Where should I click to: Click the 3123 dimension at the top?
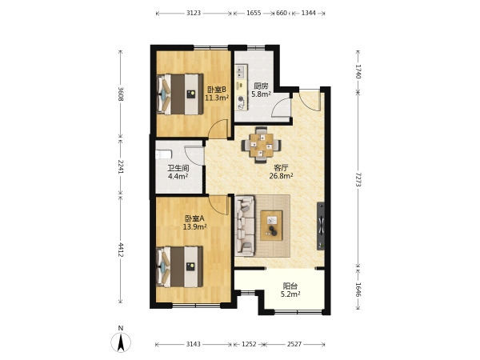click(194, 13)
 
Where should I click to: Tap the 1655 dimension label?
click(254, 13)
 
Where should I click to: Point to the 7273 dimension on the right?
click(358, 180)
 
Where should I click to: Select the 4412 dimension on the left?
click(121, 250)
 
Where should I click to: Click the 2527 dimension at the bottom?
click(294, 344)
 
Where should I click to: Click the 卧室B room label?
click(217, 90)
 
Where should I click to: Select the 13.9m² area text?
click(194, 227)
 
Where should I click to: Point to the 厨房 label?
click(261, 86)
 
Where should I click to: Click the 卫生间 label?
click(178, 168)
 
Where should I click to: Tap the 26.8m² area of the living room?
click(282, 176)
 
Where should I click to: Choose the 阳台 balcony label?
click(290, 286)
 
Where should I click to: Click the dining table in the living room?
click(261, 145)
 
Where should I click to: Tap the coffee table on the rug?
click(271, 226)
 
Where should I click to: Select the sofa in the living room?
click(245, 226)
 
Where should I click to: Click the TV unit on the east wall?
click(321, 226)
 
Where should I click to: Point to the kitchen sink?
click(242, 71)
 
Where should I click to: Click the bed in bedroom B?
click(180, 94)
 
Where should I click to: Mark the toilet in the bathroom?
click(163, 154)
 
